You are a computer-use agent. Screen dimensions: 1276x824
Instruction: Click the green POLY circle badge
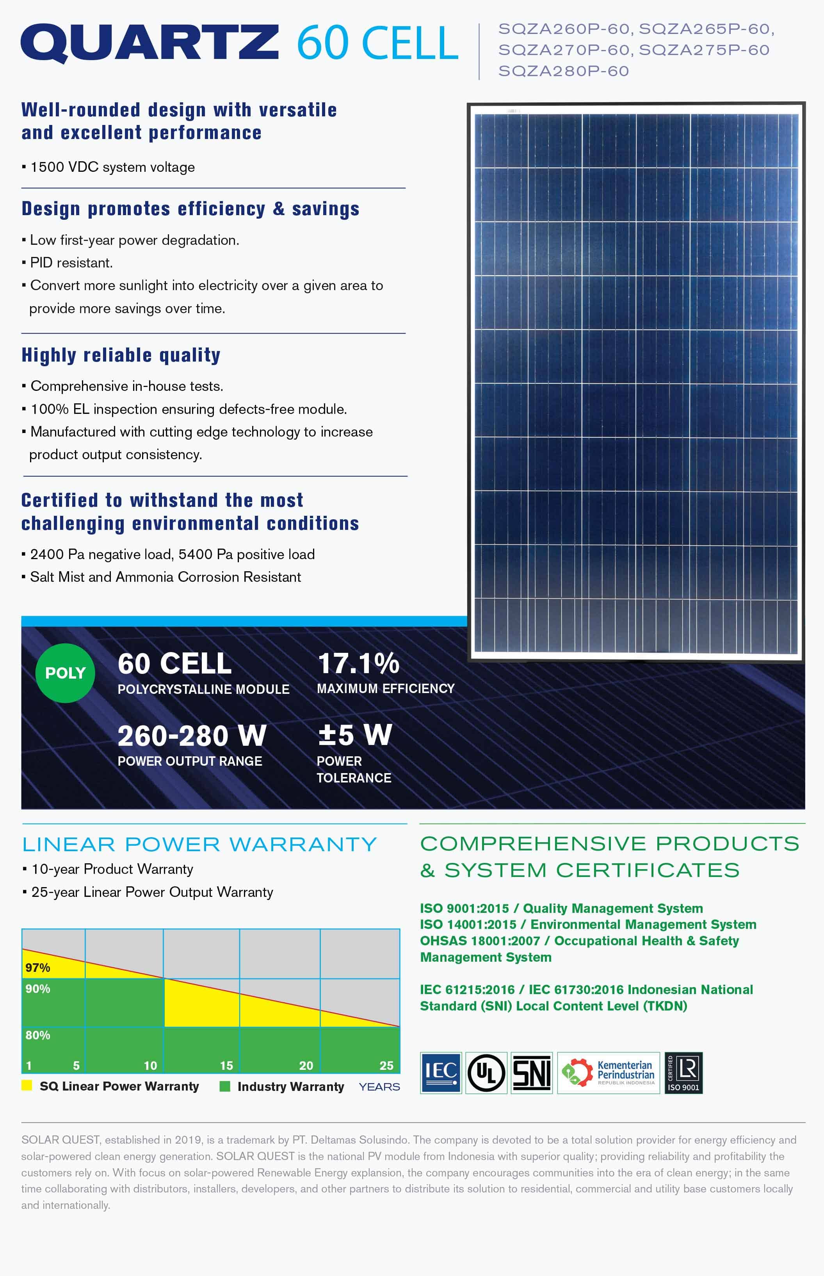pos(65,673)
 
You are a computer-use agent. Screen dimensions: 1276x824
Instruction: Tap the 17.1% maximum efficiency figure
pos(358,664)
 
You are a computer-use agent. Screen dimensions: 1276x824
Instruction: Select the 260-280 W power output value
pos(192,736)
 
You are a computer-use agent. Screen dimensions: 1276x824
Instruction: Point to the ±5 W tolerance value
pos(355,735)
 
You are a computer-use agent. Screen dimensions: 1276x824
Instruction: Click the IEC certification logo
pos(441,1073)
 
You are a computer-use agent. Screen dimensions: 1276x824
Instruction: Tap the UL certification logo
pos(486,1073)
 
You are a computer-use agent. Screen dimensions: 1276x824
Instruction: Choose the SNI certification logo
pos(531,1073)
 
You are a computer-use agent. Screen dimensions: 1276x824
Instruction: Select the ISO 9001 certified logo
pos(683,1073)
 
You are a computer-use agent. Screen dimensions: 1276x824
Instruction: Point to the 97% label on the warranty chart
pos(37,967)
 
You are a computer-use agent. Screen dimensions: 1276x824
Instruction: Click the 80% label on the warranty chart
pos(37,1035)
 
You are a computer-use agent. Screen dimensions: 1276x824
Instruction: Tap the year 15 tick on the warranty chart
pos(226,1065)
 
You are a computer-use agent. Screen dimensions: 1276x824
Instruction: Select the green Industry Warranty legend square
pos(225,1086)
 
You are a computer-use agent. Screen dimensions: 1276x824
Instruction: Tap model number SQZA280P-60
pos(563,71)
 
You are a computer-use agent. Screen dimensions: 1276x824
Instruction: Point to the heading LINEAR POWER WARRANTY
pos(199,844)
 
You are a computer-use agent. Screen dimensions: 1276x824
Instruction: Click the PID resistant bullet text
pos(71,263)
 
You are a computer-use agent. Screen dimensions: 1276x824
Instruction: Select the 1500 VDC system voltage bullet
pos(112,167)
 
